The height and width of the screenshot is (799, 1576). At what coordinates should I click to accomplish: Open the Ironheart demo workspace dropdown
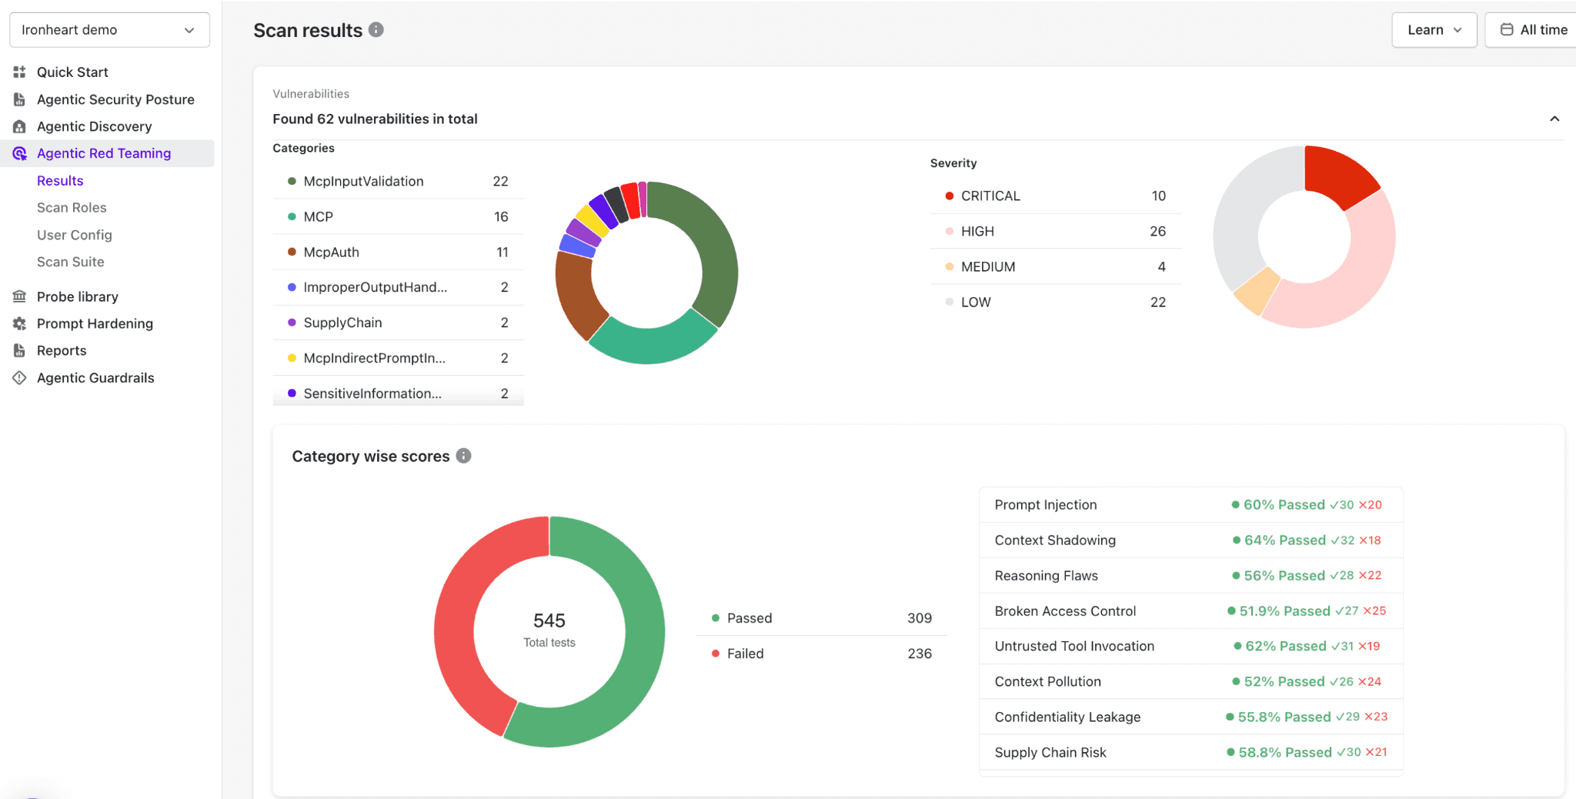[109, 30]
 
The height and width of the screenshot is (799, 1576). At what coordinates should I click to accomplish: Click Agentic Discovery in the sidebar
[94, 126]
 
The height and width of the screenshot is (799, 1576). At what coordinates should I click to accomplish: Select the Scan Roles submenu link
[72, 208]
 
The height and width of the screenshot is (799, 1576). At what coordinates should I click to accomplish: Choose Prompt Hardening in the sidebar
[95, 323]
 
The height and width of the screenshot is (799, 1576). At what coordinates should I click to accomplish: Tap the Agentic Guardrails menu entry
[95, 378]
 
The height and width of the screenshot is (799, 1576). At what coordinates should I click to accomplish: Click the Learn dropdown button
[1434, 30]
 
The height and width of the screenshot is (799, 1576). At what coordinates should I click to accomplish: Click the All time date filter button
[1533, 30]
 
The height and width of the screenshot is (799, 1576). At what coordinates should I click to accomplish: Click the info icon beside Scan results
[376, 30]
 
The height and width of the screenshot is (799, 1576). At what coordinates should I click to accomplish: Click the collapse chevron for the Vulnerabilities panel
[1554, 119]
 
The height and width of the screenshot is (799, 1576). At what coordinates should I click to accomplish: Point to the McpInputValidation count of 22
[500, 182]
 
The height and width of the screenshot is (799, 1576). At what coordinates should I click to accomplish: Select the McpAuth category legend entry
[331, 252]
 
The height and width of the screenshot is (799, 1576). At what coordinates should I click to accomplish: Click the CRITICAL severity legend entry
[990, 196]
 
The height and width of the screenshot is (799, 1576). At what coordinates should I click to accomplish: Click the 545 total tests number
[549, 620]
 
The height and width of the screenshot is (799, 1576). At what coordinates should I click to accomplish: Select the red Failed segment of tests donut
[462, 616]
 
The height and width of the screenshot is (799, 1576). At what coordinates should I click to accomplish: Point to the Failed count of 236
[919, 654]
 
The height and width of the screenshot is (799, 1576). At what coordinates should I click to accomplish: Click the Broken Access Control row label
[1064, 611]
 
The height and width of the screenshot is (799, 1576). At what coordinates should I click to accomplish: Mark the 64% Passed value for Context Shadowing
[1284, 540]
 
